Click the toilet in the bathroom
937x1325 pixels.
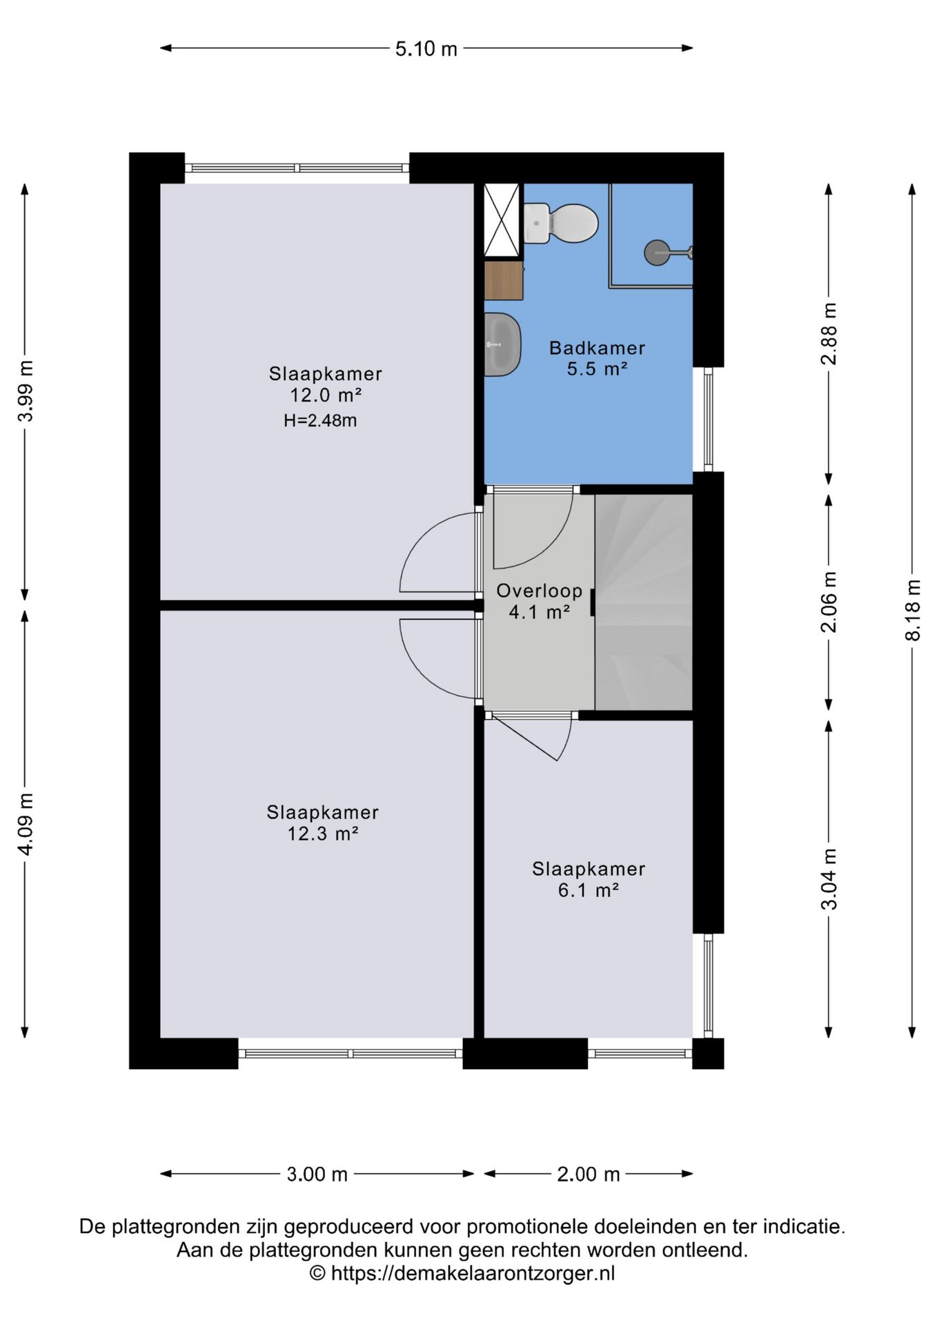[560, 223]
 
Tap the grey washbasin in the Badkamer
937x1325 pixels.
[502, 344]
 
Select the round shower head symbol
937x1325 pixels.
[657, 253]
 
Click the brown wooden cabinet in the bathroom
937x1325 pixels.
[504, 280]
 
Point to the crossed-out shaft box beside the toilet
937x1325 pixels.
[502, 220]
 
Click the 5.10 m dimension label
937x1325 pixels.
[426, 49]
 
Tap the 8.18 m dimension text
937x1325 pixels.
[912, 610]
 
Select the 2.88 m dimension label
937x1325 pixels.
[829, 334]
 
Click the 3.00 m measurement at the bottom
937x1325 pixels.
[317, 1174]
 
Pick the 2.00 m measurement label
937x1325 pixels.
[589, 1174]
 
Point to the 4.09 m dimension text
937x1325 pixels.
[26, 824]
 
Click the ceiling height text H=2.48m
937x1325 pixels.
[320, 420]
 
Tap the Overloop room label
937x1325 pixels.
[540, 591]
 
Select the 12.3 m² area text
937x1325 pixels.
[323, 834]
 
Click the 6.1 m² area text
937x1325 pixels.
[589, 890]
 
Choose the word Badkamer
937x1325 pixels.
[598, 348]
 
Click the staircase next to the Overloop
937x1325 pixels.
[644, 602]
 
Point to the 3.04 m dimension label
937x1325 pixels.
[829, 879]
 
